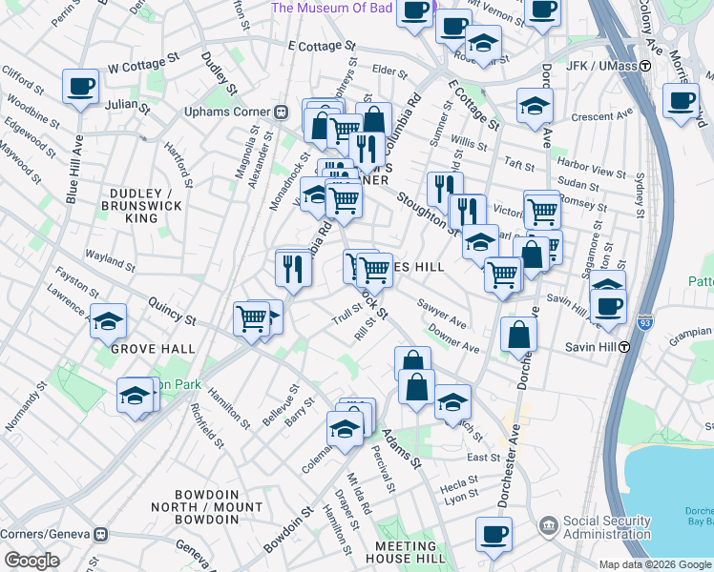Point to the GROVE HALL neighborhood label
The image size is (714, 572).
click(139, 350)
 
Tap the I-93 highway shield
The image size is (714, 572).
click(645, 324)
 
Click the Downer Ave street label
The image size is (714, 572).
click(453, 339)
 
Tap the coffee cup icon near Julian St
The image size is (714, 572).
click(80, 87)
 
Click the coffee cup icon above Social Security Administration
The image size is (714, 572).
click(493, 535)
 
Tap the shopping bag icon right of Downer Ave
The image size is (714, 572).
click(518, 335)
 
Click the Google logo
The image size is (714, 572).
click(31, 561)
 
